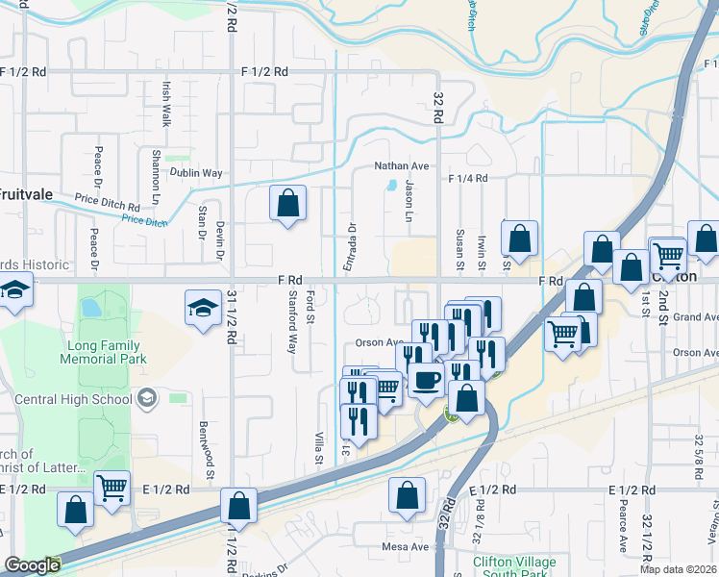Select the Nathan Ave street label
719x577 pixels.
point(401,165)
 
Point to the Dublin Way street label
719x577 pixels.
point(196,173)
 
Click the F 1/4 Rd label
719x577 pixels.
point(467,179)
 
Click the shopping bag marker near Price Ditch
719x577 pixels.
point(287,203)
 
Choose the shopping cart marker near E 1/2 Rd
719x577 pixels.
point(112,489)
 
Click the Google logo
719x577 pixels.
point(32,566)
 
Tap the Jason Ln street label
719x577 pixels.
point(409,201)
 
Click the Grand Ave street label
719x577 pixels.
point(696,317)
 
